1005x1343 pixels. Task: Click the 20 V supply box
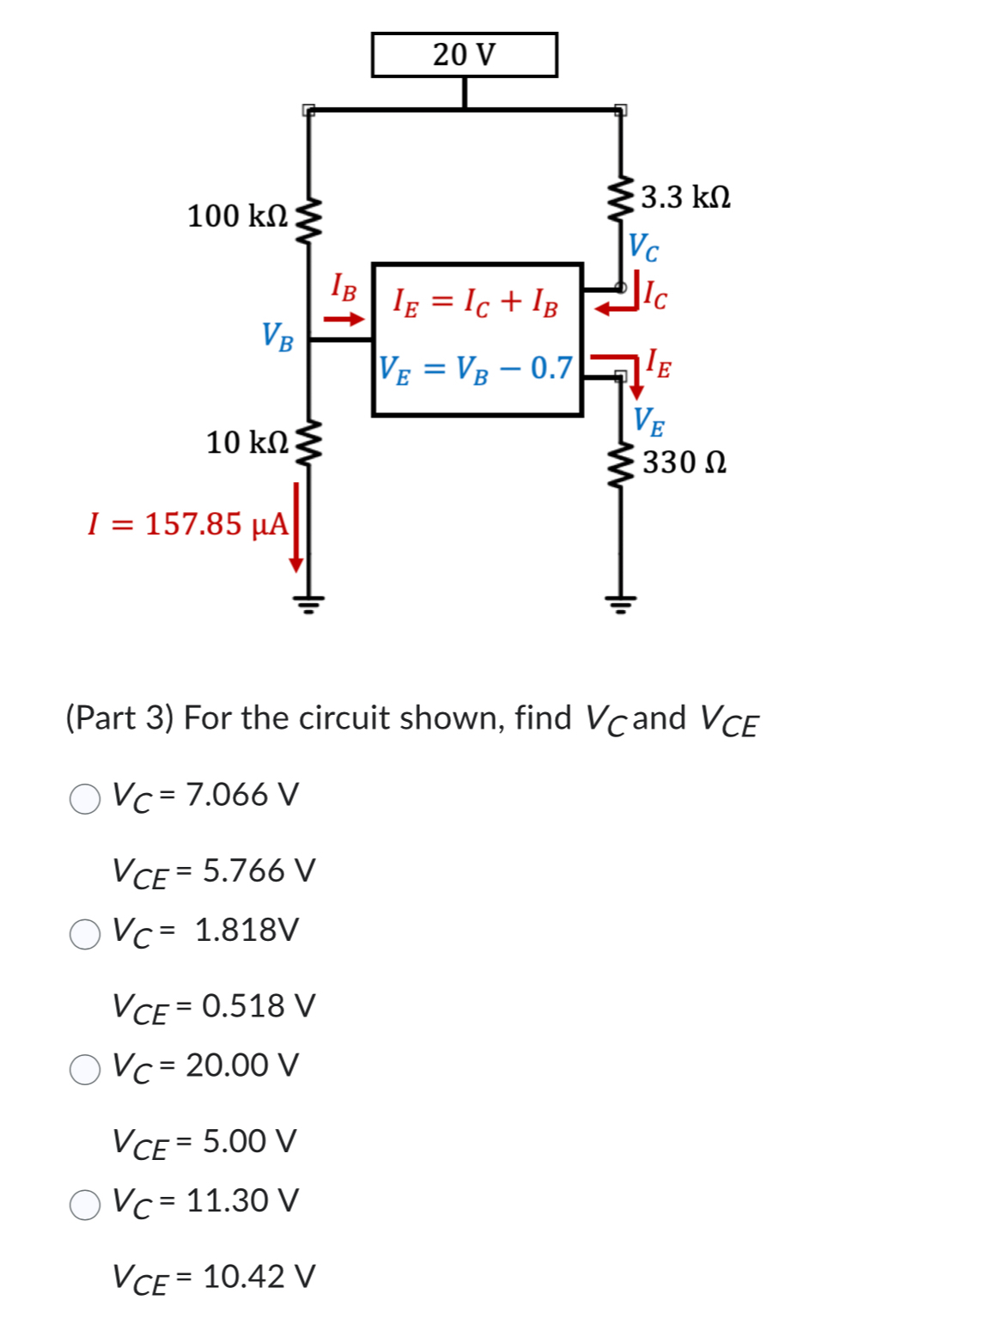pyautogui.click(x=464, y=55)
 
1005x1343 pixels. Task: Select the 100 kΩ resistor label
pyautogui.click(x=237, y=216)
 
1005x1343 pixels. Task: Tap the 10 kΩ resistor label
pyautogui.click(x=247, y=443)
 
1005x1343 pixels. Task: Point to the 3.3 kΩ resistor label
pyautogui.click(x=685, y=197)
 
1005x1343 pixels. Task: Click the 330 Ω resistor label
pyautogui.click(x=685, y=462)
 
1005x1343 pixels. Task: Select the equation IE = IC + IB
pyautogui.click(x=475, y=302)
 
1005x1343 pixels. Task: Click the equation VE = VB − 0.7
pyautogui.click(x=476, y=369)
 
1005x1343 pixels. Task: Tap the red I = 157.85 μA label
pyautogui.click(x=188, y=523)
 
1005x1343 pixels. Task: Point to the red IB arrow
pyautogui.click(x=344, y=320)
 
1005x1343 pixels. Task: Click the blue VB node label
pyautogui.click(x=277, y=336)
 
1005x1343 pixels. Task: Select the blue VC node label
pyautogui.click(x=643, y=247)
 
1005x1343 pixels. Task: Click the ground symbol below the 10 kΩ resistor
pyautogui.click(x=309, y=601)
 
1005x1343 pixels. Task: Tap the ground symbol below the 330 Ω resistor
pyautogui.click(x=620, y=601)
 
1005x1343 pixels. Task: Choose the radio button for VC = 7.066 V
pyautogui.click(x=85, y=798)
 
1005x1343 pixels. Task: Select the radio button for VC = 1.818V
pyautogui.click(x=85, y=933)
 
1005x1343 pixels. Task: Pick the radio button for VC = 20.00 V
pyautogui.click(x=85, y=1069)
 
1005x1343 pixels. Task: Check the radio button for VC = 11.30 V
pyautogui.click(x=85, y=1204)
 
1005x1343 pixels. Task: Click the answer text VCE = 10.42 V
pyautogui.click(x=214, y=1278)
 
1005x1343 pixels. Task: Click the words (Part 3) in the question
pyautogui.click(x=120, y=717)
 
